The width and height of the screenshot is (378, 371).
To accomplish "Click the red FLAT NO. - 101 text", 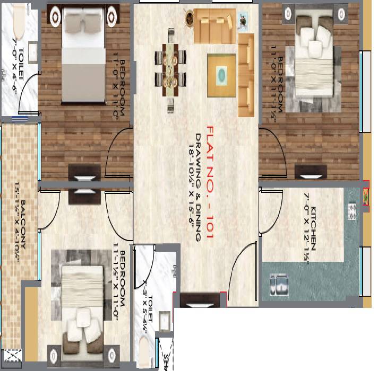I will [x=210, y=183].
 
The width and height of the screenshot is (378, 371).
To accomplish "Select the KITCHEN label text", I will [x=314, y=228].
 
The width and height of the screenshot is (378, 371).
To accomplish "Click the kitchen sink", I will [x=280, y=284].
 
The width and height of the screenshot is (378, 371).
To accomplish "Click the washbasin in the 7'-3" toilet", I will [x=165, y=322].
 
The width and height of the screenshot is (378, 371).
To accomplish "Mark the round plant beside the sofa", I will [x=190, y=19].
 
